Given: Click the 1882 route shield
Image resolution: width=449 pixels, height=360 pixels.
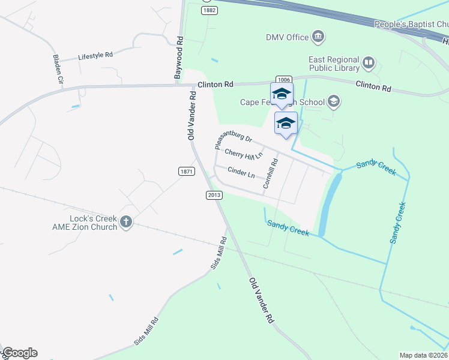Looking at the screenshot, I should [x=209, y=11].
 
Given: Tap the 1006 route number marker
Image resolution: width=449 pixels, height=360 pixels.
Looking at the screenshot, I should [x=284, y=80].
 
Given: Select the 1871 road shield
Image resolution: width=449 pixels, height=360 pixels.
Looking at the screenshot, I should [x=187, y=172].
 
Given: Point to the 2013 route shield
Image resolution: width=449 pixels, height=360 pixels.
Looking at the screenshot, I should [x=214, y=195].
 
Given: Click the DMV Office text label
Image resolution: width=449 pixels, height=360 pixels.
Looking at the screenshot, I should [x=287, y=37].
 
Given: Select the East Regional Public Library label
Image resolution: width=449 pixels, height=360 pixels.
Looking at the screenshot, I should [x=333, y=64].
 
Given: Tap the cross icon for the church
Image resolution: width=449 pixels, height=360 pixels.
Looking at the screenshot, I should [x=126, y=222].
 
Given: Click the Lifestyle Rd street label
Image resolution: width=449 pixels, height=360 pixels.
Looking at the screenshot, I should [x=95, y=56].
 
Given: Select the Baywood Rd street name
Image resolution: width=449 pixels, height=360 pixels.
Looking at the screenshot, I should [x=178, y=58].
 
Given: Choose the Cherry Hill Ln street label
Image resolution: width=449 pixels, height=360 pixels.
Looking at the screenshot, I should [x=244, y=154].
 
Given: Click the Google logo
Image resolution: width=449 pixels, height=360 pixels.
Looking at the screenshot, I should [x=20, y=353].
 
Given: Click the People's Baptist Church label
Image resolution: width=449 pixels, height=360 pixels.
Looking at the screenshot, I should [x=411, y=25].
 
